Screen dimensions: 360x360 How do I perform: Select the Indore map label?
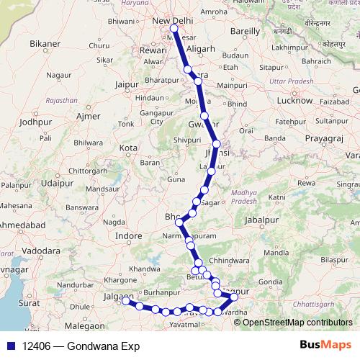point(130,235)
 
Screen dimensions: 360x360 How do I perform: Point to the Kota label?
point(128,148)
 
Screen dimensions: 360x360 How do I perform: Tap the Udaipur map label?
point(58,183)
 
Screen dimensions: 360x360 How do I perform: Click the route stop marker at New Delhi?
point(174,29)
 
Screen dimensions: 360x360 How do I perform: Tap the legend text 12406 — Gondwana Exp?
point(81,346)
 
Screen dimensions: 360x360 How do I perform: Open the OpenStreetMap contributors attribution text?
point(297,322)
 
